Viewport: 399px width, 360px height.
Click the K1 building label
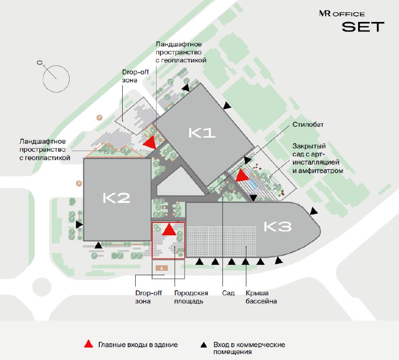(x=202, y=133)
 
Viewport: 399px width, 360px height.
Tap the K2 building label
(x=116, y=198)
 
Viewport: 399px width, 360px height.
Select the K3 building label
(x=277, y=227)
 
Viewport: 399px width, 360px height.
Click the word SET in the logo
(x=363, y=27)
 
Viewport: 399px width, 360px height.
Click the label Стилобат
(x=308, y=125)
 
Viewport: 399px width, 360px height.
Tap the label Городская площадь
(x=191, y=297)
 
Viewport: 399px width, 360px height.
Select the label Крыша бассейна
(x=261, y=297)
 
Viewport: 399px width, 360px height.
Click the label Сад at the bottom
(x=228, y=293)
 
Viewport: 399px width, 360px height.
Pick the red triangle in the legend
(x=89, y=344)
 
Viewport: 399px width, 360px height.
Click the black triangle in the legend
(x=203, y=345)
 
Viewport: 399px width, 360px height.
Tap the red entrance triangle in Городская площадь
(x=169, y=229)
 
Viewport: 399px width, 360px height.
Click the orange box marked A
(x=162, y=268)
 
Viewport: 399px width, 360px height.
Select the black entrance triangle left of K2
(x=79, y=224)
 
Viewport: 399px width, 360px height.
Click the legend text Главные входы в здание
(x=138, y=345)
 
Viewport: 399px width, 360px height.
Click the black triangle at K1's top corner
(x=186, y=88)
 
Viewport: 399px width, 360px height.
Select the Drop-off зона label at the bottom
(x=148, y=297)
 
